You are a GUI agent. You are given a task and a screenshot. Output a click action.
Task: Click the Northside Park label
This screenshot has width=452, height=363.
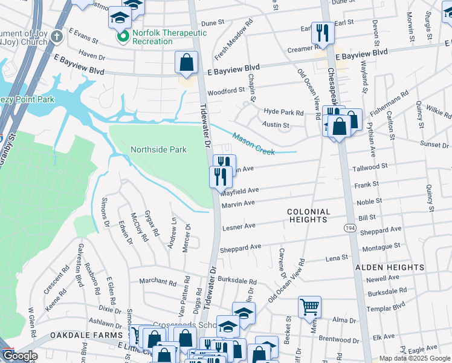158,149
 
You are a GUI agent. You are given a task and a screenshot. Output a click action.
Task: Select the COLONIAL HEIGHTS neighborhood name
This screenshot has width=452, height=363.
308,216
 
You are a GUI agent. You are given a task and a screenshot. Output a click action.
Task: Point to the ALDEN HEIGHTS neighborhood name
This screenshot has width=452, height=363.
390,267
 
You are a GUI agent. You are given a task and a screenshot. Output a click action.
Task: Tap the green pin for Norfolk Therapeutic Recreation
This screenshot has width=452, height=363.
123,38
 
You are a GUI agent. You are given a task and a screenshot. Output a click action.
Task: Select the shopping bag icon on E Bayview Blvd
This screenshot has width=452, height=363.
187,62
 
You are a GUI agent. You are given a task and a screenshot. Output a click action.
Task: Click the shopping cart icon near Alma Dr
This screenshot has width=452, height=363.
309,306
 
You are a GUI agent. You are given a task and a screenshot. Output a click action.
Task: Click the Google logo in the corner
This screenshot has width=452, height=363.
21,356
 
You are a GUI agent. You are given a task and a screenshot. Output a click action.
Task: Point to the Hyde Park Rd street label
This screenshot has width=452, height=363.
283,113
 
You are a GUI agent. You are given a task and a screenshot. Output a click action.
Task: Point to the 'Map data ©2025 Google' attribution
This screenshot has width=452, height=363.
414,358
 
